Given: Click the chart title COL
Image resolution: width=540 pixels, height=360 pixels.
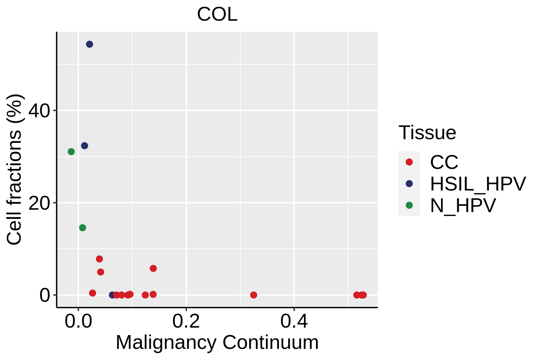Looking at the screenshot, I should (x=217, y=14).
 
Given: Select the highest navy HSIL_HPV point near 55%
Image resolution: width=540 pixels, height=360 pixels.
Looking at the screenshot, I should (x=89, y=44).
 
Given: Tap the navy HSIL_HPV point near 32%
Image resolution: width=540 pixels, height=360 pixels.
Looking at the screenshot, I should (x=85, y=146).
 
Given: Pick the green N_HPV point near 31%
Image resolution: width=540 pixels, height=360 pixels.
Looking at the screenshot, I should (x=71, y=152).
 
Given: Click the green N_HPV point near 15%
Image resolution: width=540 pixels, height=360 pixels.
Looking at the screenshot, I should (x=82, y=228).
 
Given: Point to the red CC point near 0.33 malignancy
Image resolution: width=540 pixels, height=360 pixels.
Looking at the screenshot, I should (x=253, y=295).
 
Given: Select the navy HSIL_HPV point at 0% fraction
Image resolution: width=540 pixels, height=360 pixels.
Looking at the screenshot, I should (x=112, y=295).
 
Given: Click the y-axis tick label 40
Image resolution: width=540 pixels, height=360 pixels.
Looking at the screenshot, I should (x=39, y=111).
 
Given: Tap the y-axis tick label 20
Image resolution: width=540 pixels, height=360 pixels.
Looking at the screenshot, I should (x=39, y=203).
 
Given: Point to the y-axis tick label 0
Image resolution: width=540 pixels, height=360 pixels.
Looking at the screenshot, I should (x=44, y=295).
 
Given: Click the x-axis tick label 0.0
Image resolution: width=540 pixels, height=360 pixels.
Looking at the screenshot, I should (x=78, y=321).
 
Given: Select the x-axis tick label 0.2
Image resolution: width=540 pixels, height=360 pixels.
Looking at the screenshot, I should (x=186, y=321).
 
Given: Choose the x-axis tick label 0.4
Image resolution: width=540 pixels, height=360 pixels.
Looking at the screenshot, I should (x=294, y=321).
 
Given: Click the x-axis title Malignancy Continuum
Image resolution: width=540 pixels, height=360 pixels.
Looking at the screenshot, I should (x=217, y=342).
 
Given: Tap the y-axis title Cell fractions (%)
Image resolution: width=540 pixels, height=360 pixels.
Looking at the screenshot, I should (x=14, y=169).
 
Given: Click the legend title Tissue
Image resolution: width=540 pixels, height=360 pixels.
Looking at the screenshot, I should (x=427, y=133).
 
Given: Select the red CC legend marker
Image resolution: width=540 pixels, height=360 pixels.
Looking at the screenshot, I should (x=409, y=162).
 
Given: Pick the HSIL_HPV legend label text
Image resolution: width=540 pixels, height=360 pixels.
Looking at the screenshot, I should (x=478, y=184).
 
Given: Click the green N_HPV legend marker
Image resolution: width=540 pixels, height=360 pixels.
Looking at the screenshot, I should (x=409, y=205).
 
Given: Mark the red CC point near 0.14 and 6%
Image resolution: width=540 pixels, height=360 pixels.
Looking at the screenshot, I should (x=153, y=268).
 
